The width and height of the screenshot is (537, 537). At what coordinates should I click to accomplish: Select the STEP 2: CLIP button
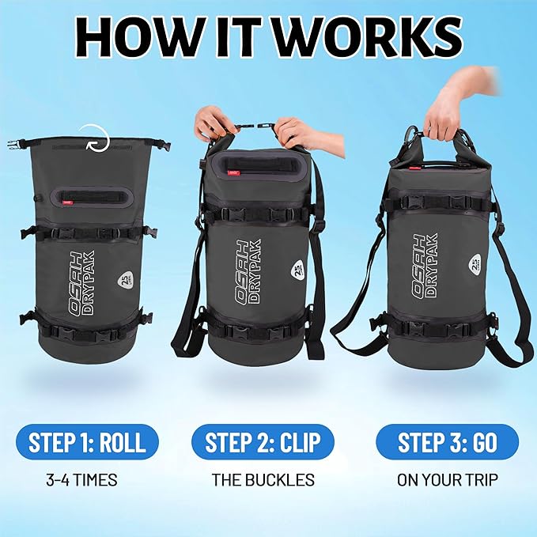[x=263, y=441]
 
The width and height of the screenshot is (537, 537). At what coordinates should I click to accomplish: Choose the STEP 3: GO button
[x=447, y=441]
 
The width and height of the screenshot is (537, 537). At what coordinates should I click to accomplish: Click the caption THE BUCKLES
[x=263, y=479]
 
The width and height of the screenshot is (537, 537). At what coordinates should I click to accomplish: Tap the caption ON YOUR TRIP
[x=448, y=479]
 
